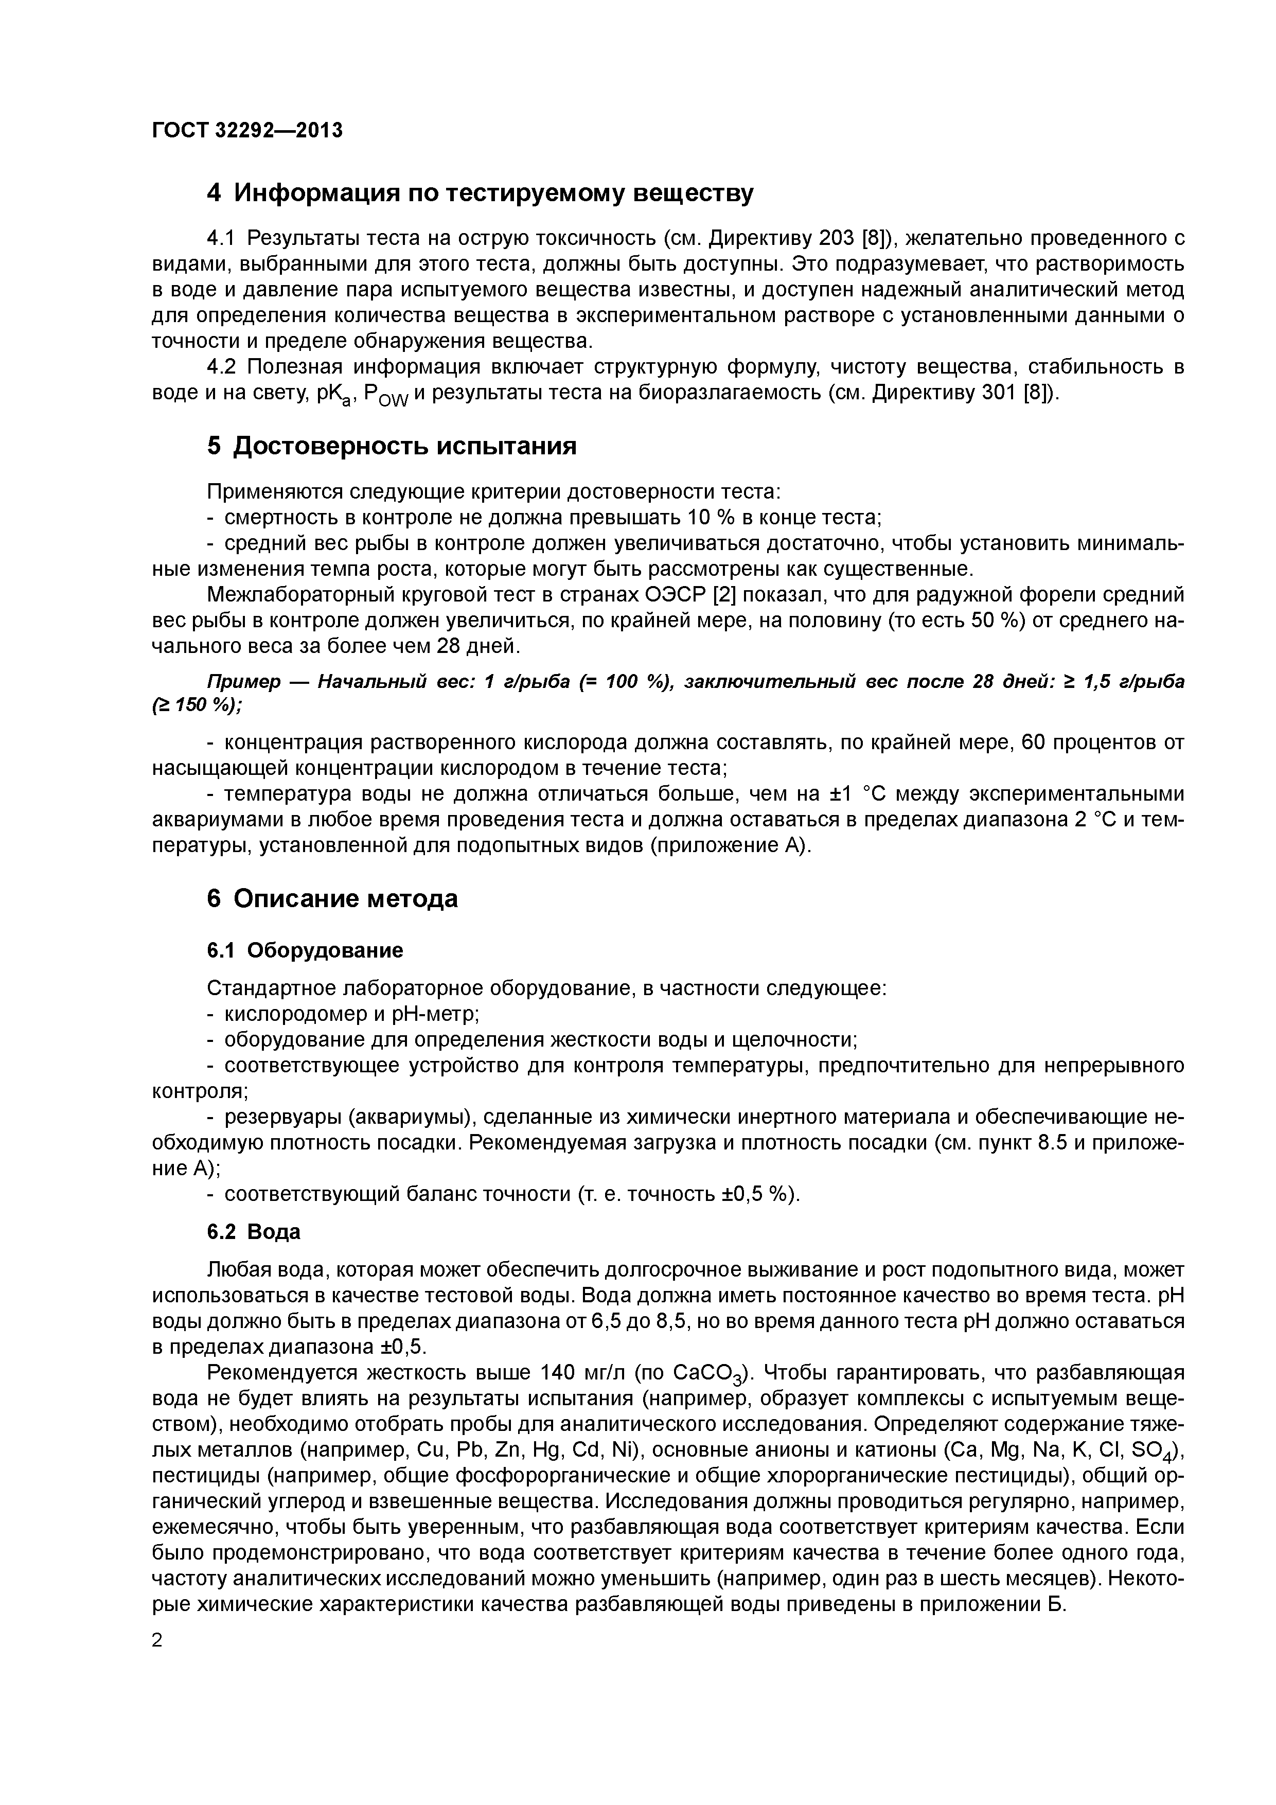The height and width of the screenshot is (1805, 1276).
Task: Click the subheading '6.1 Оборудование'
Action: coord(305,950)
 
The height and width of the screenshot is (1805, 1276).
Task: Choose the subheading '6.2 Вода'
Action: coord(254,1232)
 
